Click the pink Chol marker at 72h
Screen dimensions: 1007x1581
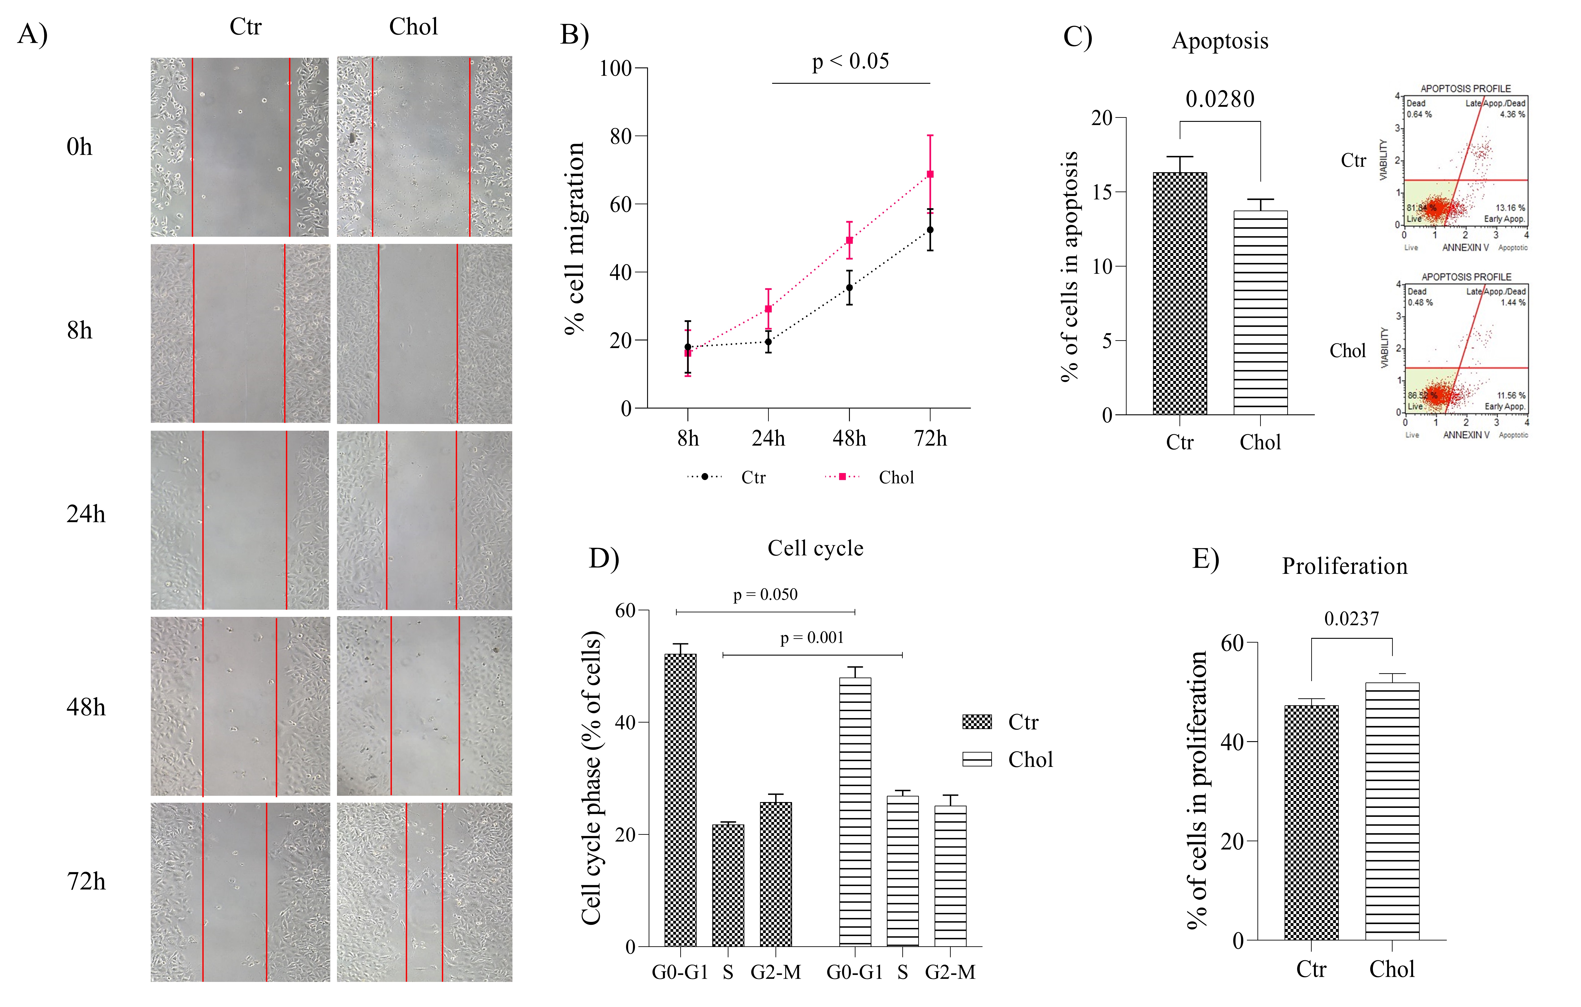pos(930,175)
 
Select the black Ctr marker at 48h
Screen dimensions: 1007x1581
pos(849,288)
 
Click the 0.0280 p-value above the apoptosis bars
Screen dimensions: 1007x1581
pos(1220,99)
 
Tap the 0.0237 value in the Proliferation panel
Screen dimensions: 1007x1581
pos(1351,619)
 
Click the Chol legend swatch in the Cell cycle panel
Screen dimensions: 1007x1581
pos(976,760)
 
